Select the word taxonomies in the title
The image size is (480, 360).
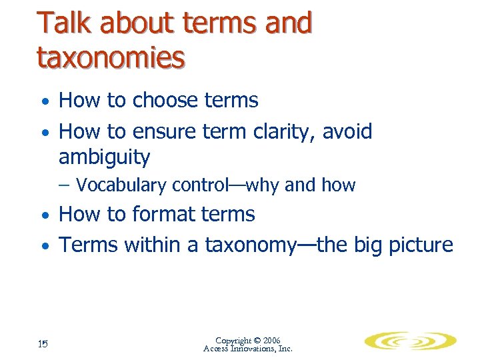(x=111, y=58)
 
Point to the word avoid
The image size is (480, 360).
(x=347, y=131)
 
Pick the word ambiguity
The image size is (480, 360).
(x=105, y=158)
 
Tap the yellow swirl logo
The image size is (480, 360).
(x=409, y=341)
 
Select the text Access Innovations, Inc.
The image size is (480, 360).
(x=247, y=349)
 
